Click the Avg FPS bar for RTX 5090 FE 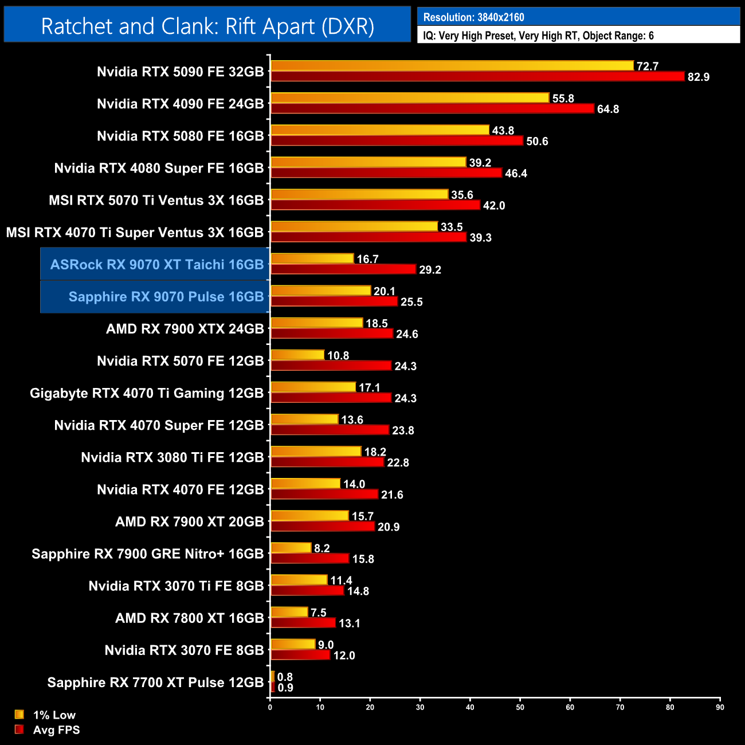[x=477, y=77]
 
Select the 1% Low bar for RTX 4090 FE [x=410, y=98]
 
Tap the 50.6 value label [x=537, y=142]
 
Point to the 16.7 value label [x=367, y=260]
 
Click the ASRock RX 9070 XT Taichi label [x=156, y=265]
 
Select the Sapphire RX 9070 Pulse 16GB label [x=166, y=297]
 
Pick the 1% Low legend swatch [x=19, y=715]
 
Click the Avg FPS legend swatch [x=19, y=730]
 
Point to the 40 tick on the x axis [x=470, y=707]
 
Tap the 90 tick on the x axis [x=720, y=707]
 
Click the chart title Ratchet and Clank [x=207, y=26]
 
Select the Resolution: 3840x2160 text [x=473, y=17]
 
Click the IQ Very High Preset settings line [x=538, y=36]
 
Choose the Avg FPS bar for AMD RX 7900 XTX [x=332, y=334]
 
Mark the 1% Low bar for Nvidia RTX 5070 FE [x=297, y=355]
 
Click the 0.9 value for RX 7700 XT [x=285, y=688]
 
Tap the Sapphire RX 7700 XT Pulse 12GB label [x=155, y=683]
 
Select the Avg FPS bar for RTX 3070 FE [x=300, y=655]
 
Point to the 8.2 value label [x=321, y=548]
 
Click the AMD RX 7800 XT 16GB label [x=189, y=618]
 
